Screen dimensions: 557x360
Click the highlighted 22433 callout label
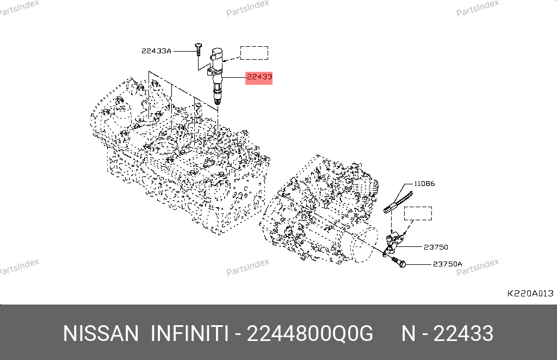[x=259, y=77]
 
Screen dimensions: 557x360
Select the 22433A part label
[x=156, y=51]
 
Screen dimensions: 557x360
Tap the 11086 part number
[x=424, y=184]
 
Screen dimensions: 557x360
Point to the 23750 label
[x=436, y=247]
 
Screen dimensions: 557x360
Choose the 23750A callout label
[x=448, y=264]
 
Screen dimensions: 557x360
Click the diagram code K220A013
[x=530, y=293]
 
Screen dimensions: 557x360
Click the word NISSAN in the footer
[x=101, y=334]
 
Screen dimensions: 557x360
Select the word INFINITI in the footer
[x=189, y=334]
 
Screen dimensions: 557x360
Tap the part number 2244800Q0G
[x=310, y=334]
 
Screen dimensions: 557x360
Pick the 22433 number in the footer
[x=463, y=334]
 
